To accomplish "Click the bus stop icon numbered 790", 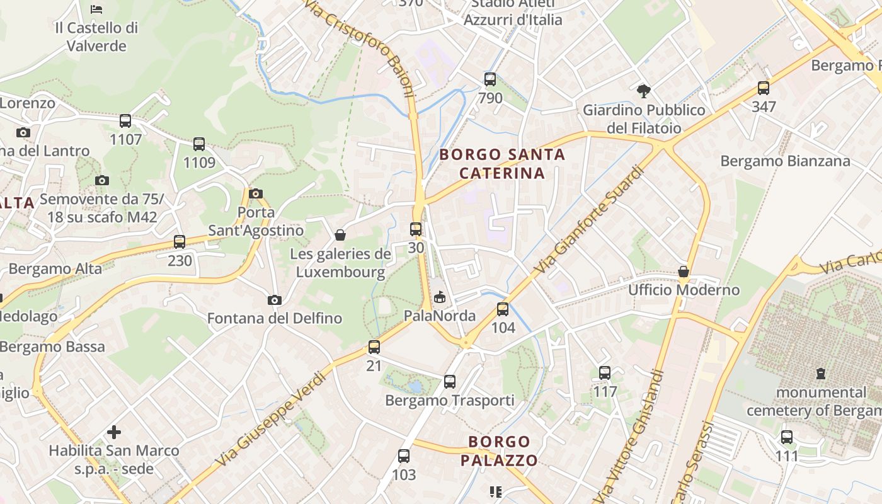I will tap(490, 79).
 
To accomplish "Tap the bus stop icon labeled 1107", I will tap(125, 121).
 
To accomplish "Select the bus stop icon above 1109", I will tap(199, 144).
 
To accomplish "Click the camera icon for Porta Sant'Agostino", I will tap(256, 193).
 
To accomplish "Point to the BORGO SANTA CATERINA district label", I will tap(502, 164).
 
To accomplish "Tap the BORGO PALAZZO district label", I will tap(499, 450).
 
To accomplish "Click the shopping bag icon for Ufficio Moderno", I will tap(684, 272).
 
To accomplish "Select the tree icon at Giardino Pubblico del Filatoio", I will tap(643, 91).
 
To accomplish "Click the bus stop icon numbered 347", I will tap(764, 88).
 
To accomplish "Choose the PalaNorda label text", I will tap(440, 315).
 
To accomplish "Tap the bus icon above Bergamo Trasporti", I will tap(449, 382).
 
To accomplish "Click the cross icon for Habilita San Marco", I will tap(114, 432).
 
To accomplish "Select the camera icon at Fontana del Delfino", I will tap(274, 300).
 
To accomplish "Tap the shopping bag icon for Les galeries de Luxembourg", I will tap(340, 236).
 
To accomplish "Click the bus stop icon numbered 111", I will tap(787, 437).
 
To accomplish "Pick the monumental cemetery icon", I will tap(820, 374).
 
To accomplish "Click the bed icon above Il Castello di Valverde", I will tap(96, 9).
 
